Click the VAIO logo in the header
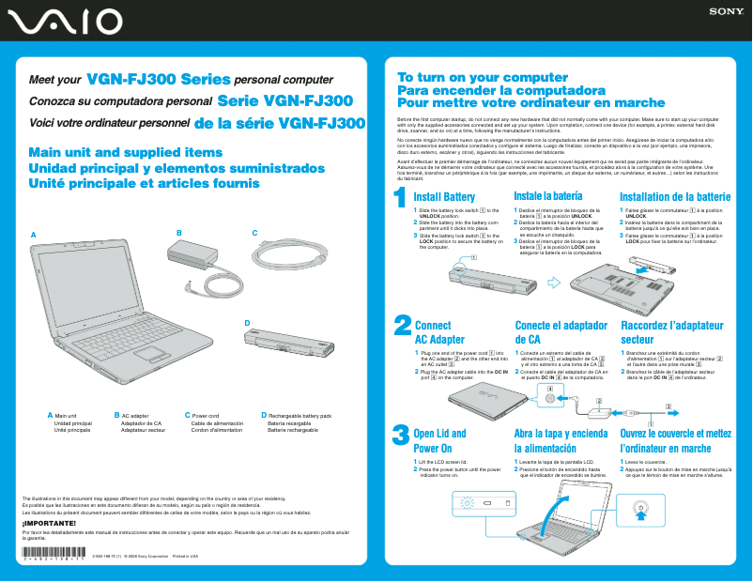click(x=62, y=21)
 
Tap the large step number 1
click(x=400, y=199)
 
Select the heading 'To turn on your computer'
click(x=469, y=77)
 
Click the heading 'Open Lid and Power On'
click(x=439, y=441)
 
